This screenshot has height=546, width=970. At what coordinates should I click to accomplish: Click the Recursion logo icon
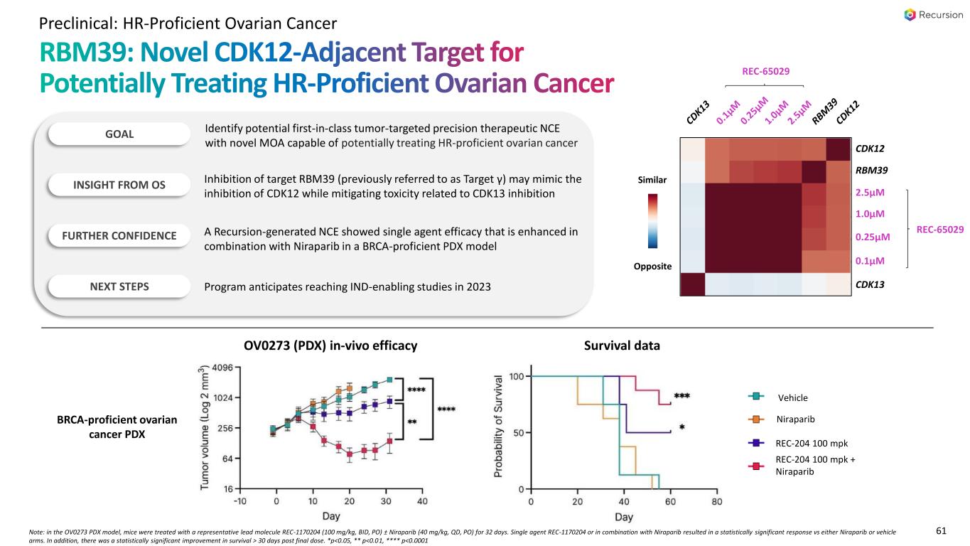[910, 15]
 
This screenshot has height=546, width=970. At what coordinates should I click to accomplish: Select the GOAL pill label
[119, 133]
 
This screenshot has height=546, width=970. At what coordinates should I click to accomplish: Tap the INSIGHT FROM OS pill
[119, 185]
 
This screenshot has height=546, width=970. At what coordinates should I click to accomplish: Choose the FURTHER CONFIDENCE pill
[119, 236]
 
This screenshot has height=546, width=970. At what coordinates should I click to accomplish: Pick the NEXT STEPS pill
[119, 287]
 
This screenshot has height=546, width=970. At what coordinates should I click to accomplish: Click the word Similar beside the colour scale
[652, 180]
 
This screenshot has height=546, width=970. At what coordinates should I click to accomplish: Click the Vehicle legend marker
[756, 397]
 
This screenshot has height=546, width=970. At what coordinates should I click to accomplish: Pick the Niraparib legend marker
[756, 419]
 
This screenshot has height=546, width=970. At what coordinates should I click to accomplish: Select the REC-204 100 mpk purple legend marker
[756, 442]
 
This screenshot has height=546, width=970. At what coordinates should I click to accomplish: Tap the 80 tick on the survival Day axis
[716, 501]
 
